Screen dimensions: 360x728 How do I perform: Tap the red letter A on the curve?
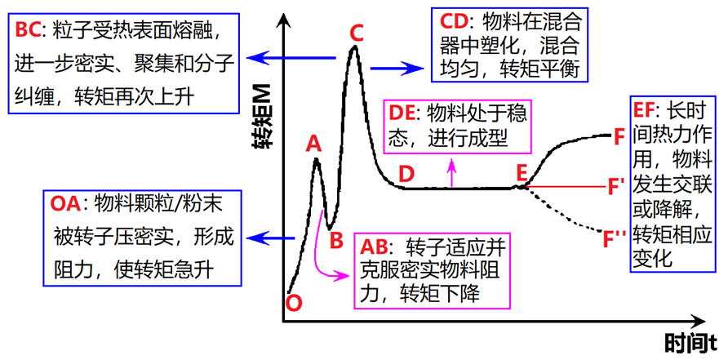coord(313,144)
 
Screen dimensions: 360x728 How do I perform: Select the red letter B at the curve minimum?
coord(336,240)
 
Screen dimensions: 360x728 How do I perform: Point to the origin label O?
coord(295,303)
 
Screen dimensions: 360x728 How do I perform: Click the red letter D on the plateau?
coord(406,174)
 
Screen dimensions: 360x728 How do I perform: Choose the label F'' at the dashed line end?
coord(615,239)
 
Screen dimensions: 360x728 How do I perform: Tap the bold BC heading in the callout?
coord(29,30)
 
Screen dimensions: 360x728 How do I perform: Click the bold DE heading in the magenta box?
coord(403,113)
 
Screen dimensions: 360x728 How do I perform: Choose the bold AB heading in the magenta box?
coord(375,247)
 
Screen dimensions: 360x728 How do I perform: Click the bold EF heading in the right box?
coord(646,109)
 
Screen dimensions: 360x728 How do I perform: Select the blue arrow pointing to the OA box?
coord(271,238)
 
